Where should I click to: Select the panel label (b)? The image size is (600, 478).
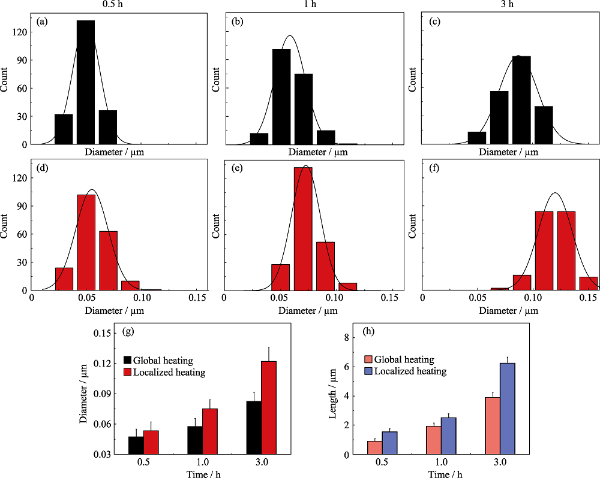[x=238, y=22]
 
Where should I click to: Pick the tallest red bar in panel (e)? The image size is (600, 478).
[x=303, y=228]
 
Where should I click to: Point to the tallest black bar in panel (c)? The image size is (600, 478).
[x=521, y=100]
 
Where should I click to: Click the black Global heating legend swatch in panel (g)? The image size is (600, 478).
[x=128, y=361]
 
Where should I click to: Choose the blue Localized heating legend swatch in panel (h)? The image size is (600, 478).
[x=368, y=371]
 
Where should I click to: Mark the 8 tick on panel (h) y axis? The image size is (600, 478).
[x=346, y=338]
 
